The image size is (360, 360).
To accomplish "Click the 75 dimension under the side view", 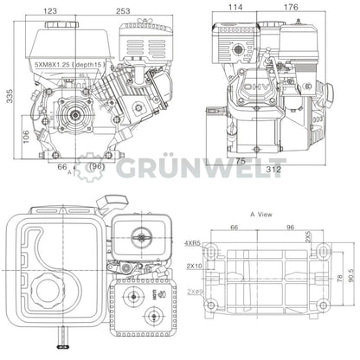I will [x=240, y=160].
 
